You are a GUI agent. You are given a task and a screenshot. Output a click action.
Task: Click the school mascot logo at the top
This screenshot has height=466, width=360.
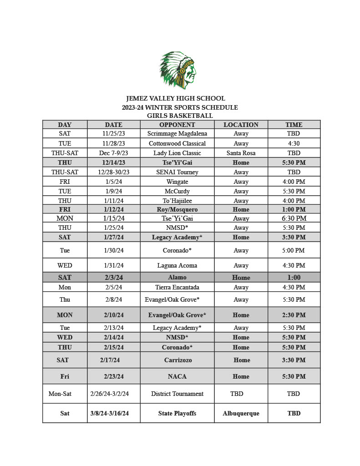click(x=178, y=70)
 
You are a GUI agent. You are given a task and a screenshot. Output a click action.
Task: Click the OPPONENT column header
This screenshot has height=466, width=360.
click(x=177, y=125)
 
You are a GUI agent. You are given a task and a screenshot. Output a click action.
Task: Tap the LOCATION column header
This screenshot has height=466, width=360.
click(x=241, y=125)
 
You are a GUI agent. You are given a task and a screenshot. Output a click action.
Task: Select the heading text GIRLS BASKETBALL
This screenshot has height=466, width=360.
click(x=180, y=116)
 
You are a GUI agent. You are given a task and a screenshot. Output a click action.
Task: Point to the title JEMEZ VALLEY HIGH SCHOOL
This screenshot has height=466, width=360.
click(x=176, y=98)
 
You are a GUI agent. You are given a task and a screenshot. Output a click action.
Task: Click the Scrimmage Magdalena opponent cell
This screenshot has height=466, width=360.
click(x=177, y=134)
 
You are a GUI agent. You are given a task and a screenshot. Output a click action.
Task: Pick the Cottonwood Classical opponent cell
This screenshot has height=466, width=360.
click(x=177, y=143)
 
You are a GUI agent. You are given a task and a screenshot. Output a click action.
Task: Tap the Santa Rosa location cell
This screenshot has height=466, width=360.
click(x=241, y=153)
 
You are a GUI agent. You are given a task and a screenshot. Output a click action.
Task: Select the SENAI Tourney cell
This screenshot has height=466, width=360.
click(x=177, y=172)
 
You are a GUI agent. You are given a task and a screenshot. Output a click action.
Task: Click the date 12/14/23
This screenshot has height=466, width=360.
click(x=113, y=162)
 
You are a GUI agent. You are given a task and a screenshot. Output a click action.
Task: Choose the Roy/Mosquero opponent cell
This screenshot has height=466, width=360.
click(x=177, y=209)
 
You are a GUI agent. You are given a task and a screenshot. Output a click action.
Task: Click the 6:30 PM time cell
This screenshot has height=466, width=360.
click(x=294, y=218)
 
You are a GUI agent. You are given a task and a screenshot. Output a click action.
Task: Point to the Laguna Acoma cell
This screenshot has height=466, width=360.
click(x=177, y=265)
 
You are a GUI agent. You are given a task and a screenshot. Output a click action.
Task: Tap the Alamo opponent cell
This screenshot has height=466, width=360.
click(x=177, y=277)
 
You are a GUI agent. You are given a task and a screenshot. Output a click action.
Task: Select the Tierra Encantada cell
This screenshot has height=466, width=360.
click(x=177, y=287)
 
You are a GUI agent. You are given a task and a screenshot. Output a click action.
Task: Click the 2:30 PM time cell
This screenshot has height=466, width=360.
click(x=294, y=315)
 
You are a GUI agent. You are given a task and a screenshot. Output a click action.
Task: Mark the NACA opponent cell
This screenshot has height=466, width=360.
click(x=177, y=376)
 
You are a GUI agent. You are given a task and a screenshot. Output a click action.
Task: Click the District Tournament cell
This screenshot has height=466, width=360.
click(x=177, y=394)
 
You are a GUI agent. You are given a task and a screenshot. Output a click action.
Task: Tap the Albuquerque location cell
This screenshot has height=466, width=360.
click(x=241, y=413)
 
